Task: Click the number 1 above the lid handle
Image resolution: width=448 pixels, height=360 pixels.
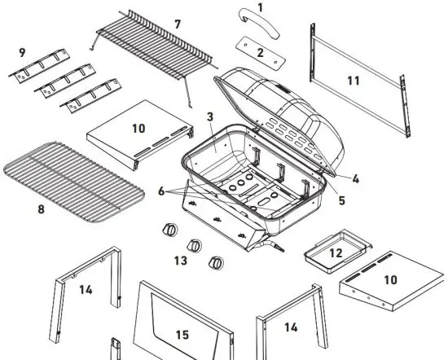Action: coord(260,7)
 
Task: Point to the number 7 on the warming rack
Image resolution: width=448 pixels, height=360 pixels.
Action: coord(178,24)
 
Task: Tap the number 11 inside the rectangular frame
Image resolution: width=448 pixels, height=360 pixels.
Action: coord(353,80)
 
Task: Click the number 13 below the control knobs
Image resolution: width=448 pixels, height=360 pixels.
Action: coord(181,260)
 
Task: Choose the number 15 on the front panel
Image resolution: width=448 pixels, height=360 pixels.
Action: coord(182,335)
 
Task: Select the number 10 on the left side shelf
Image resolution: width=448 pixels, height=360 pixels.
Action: coord(138,128)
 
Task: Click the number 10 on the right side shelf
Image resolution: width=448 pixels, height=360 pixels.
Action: coord(391,279)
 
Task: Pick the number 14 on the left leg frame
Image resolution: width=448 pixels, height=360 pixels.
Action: coord(85,289)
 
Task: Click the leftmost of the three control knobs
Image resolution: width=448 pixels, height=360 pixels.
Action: coord(170,229)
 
